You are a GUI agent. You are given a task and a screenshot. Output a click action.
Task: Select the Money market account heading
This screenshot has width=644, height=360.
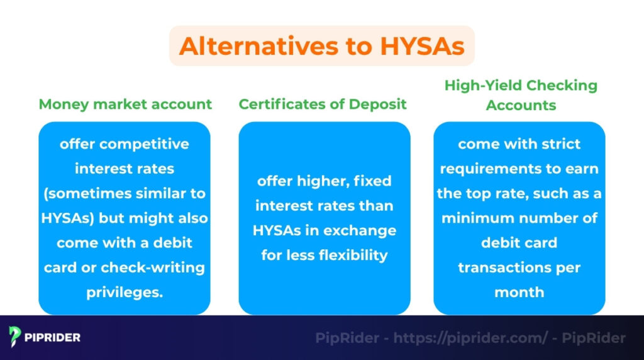tap(125, 104)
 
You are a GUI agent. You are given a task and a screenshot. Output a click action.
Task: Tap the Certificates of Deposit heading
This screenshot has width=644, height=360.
tap(323, 104)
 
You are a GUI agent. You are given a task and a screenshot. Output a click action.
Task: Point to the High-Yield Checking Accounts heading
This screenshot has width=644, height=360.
tap(521, 94)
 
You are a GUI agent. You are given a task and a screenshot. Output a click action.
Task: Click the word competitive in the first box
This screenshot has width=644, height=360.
tap(144, 144)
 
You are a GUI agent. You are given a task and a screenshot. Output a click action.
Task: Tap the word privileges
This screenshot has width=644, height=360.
tap(125, 292)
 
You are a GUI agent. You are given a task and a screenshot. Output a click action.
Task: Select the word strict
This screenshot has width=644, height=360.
tap(558, 144)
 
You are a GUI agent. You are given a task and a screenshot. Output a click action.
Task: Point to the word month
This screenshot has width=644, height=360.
tap(519, 292)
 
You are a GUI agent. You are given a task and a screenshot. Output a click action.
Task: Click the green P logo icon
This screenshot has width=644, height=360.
tap(15, 337)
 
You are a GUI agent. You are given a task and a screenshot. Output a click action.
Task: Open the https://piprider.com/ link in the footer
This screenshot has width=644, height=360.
tap(470, 338)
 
